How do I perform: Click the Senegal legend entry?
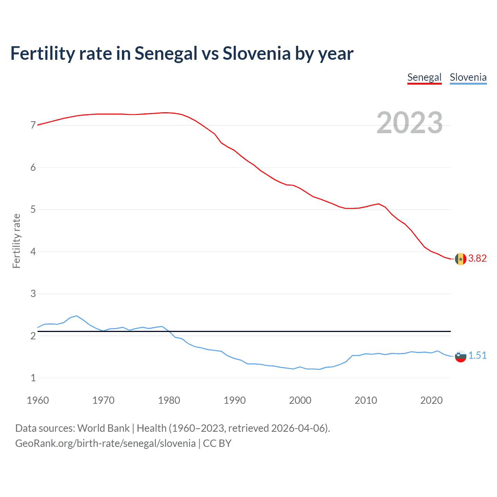pyautogui.click(x=424, y=77)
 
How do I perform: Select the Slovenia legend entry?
pyautogui.click(x=468, y=77)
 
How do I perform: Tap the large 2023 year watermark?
pyautogui.click(x=410, y=123)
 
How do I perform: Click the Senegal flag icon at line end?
pyautogui.click(x=461, y=259)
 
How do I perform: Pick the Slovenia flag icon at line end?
pyautogui.click(x=461, y=356)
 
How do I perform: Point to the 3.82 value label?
pyautogui.click(x=477, y=259)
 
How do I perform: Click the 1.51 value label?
pyautogui.click(x=477, y=356)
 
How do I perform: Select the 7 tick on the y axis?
pyautogui.click(x=33, y=125)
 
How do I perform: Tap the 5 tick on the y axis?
pyautogui.click(x=33, y=210)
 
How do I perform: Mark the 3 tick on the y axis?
pyautogui.click(x=33, y=294)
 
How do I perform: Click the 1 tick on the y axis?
pyautogui.click(x=33, y=378)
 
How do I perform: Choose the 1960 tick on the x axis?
pyautogui.click(x=38, y=400)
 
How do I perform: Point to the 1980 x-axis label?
pyautogui.click(x=169, y=400)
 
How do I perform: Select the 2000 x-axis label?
pyautogui.click(x=300, y=400)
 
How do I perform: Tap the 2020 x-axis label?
pyautogui.click(x=431, y=400)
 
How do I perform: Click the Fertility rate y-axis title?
pyautogui.click(x=16, y=241)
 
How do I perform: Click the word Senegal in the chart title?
pyautogui.click(x=166, y=54)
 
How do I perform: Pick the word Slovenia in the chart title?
pyautogui.click(x=256, y=54)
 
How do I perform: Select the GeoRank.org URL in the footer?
pyautogui.click(x=105, y=443)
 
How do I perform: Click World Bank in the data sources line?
pyautogui.click(x=103, y=428)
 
